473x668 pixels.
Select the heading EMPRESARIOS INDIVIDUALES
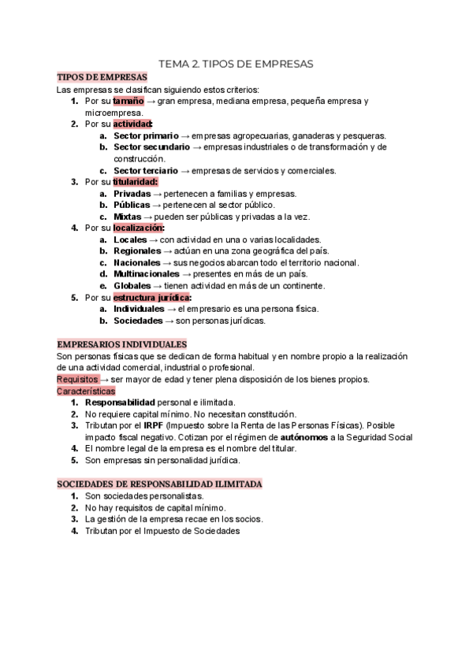[122, 344]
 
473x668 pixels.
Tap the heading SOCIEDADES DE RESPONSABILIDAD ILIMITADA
[160, 483]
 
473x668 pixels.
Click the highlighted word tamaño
[128, 102]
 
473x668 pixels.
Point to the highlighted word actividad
[132, 124]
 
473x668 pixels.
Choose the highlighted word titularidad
[135, 182]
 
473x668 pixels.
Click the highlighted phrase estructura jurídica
[152, 298]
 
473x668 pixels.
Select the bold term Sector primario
[146, 136]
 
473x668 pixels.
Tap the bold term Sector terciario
[146, 170]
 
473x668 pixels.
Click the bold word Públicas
[132, 205]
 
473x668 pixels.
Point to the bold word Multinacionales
[146, 274]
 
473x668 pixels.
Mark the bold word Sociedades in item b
[139, 321]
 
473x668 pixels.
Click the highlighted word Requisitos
[77, 379]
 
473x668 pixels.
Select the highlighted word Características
[86, 391]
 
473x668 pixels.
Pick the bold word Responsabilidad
[120, 403]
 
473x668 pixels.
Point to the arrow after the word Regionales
[169, 251]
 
